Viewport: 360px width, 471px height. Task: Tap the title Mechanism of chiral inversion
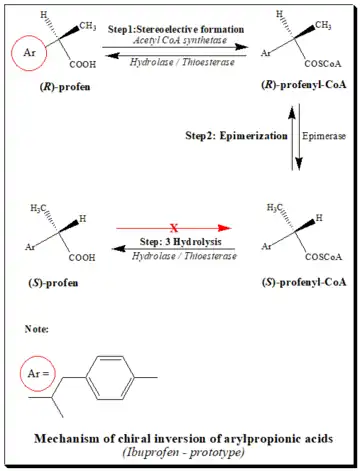tap(182, 438)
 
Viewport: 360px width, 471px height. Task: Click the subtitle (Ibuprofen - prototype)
tap(182, 452)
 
